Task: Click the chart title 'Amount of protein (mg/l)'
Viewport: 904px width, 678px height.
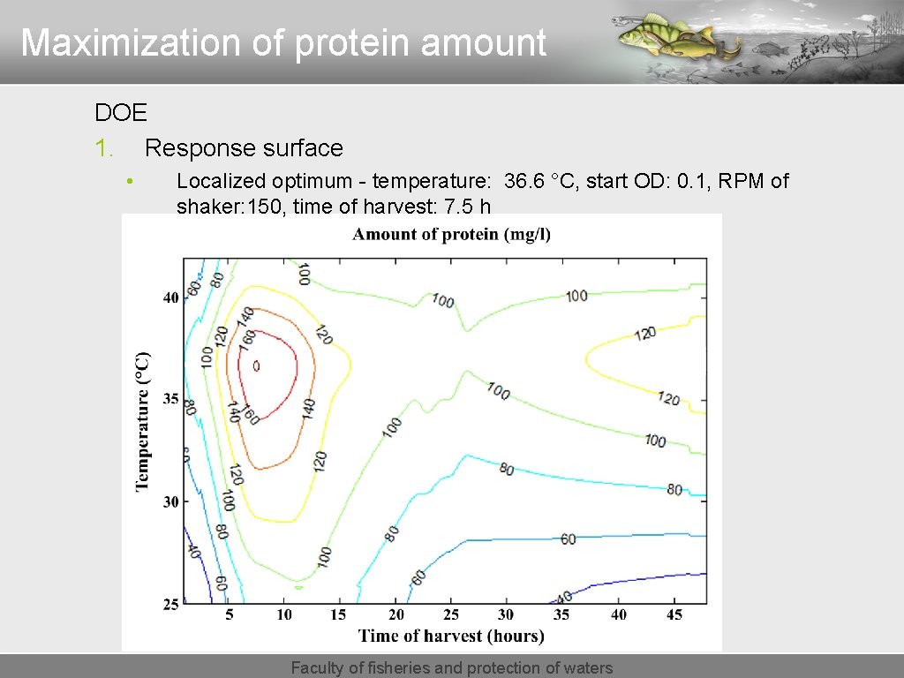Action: pyautogui.click(x=451, y=234)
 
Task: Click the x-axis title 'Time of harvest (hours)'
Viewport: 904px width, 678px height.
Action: pyautogui.click(x=451, y=636)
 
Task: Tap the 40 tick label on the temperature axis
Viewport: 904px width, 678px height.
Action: pyautogui.click(x=169, y=298)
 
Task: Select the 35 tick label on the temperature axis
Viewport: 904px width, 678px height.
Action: pyautogui.click(x=169, y=399)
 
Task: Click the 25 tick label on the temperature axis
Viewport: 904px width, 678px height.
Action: pyautogui.click(x=169, y=604)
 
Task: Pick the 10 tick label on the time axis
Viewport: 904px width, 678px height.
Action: pyautogui.click(x=284, y=614)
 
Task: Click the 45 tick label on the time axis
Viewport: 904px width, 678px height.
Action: pyautogui.click(x=674, y=614)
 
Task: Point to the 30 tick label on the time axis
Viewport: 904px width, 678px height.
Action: pyautogui.click(x=506, y=614)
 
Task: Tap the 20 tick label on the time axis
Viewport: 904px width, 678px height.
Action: pyautogui.click(x=395, y=614)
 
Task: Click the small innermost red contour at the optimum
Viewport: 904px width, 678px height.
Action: pyautogui.click(x=257, y=365)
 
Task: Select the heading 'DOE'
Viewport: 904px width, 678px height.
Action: pyautogui.click(x=121, y=113)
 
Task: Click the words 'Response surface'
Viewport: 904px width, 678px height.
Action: pyautogui.click(x=244, y=148)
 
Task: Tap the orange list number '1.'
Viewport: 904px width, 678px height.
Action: pyautogui.click(x=104, y=148)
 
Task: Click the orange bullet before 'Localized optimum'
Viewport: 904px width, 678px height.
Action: pyautogui.click(x=129, y=182)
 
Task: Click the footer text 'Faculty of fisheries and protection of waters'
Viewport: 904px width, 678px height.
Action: pyautogui.click(x=451, y=668)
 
